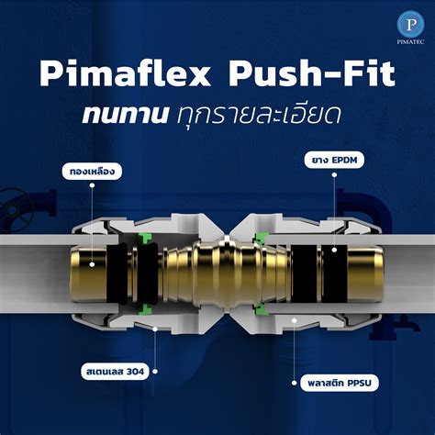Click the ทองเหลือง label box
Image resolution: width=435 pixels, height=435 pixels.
(91, 171)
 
